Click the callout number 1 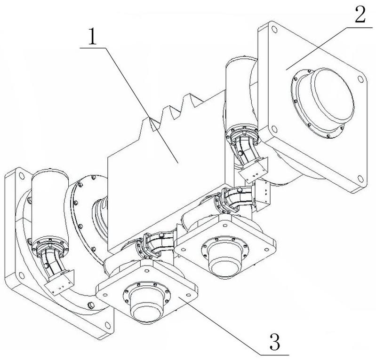pyautogui.click(x=92, y=37)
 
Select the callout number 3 pyautogui.click(x=275, y=341)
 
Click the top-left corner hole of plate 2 pyautogui.click(x=274, y=30)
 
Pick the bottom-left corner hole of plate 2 pyautogui.click(x=274, y=129)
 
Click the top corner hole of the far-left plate pyautogui.click(x=22, y=176)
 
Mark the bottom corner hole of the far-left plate pyautogui.click(x=108, y=325)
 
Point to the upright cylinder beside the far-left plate pyautogui.click(x=50, y=206)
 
